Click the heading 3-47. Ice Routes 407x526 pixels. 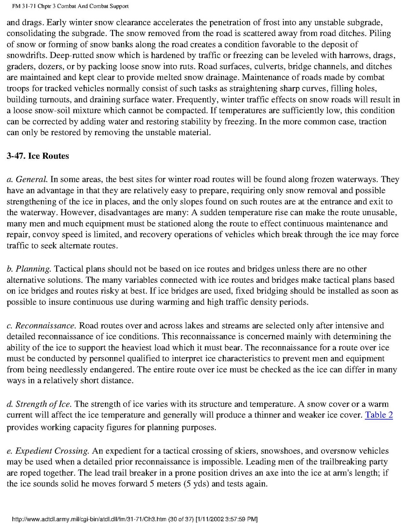click(38, 156)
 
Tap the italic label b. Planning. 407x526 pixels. click(29, 268)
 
